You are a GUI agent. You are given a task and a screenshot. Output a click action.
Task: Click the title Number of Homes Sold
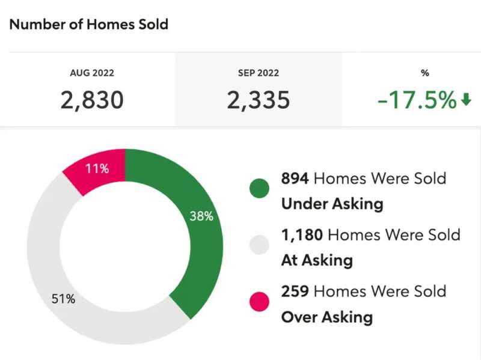click(89, 25)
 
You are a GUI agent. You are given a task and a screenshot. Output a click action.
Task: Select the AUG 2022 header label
click(92, 73)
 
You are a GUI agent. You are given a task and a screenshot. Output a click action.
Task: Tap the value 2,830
click(92, 100)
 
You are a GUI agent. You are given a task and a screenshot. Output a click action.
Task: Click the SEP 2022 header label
click(259, 73)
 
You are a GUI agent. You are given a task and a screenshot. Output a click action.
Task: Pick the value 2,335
click(259, 100)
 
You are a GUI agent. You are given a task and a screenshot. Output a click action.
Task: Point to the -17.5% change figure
click(417, 100)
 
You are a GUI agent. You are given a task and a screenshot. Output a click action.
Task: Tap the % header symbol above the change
click(425, 73)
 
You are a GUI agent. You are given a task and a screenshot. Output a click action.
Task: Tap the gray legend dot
click(259, 245)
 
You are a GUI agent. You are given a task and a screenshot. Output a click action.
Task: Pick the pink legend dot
click(259, 302)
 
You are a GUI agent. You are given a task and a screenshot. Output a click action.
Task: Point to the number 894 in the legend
click(295, 178)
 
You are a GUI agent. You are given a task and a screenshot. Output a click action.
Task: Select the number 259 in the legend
click(295, 291)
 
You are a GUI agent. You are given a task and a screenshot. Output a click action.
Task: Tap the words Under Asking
click(332, 204)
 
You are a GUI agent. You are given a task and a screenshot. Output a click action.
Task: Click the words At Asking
click(317, 260)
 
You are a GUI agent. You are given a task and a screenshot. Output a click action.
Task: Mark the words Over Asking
click(327, 317)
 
